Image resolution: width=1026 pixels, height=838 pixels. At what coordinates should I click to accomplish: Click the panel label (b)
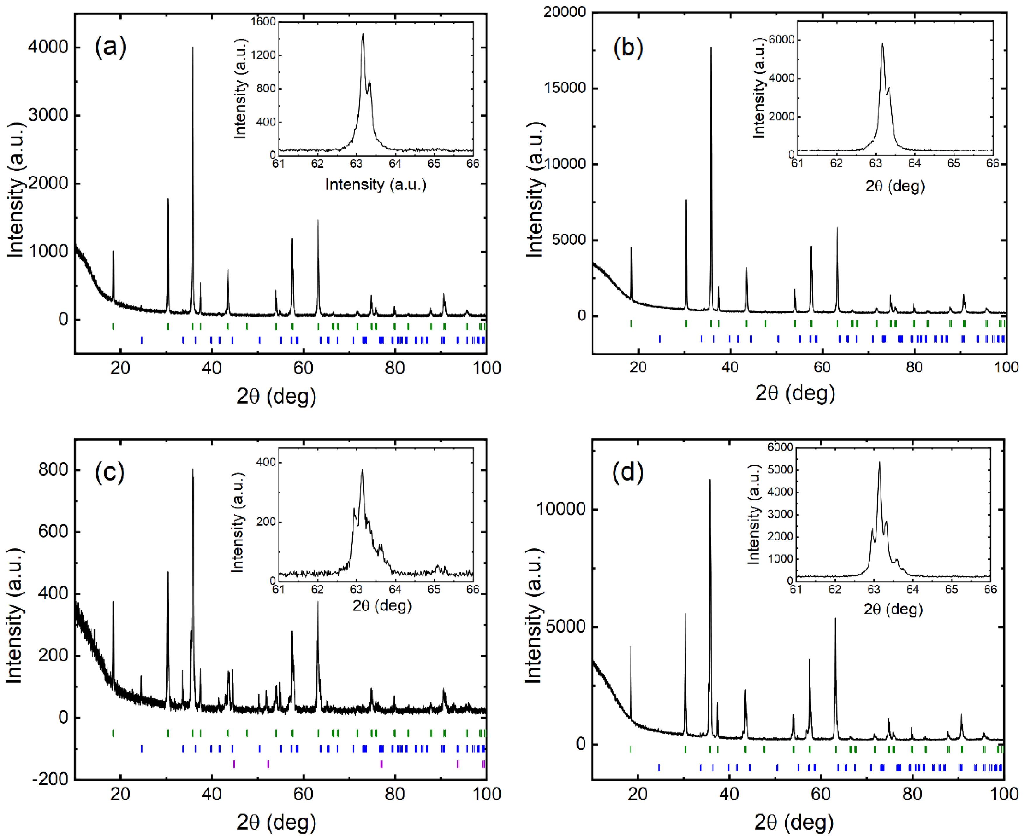[x=628, y=48]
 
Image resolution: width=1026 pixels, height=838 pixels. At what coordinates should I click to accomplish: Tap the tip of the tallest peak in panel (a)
[x=193, y=47]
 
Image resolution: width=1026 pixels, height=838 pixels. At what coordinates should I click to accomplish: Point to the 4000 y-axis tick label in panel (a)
[x=48, y=47]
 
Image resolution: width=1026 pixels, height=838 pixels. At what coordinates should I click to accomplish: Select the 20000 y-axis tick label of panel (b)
[x=564, y=12]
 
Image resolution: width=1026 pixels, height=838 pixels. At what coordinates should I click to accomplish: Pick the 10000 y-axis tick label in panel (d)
[x=561, y=509]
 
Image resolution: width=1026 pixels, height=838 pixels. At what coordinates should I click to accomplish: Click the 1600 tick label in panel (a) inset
[x=263, y=21]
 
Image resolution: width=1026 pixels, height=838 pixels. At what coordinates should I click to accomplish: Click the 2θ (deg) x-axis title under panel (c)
[x=276, y=822]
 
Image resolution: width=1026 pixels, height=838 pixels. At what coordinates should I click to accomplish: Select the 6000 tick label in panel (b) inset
[x=781, y=40]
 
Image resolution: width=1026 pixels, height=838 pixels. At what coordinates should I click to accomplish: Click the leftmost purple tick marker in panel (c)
[x=234, y=764]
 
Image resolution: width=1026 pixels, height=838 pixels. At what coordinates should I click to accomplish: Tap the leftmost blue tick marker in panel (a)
[x=142, y=340]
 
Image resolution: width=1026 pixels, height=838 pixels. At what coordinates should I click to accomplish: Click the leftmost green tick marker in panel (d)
[x=630, y=749]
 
